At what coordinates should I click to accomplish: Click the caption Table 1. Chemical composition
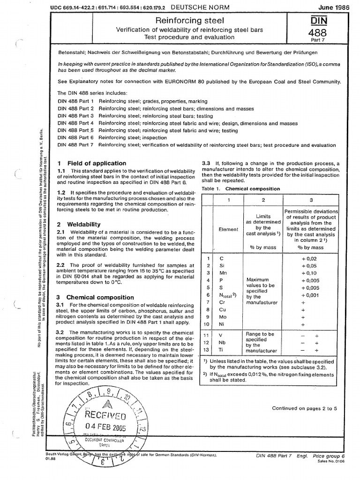click(x=241, y=189)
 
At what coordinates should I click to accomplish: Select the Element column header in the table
click(x=228, y=230)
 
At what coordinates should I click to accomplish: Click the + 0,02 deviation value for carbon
click(x=311, y=258)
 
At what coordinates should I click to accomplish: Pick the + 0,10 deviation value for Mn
click(x=311, y=273)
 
